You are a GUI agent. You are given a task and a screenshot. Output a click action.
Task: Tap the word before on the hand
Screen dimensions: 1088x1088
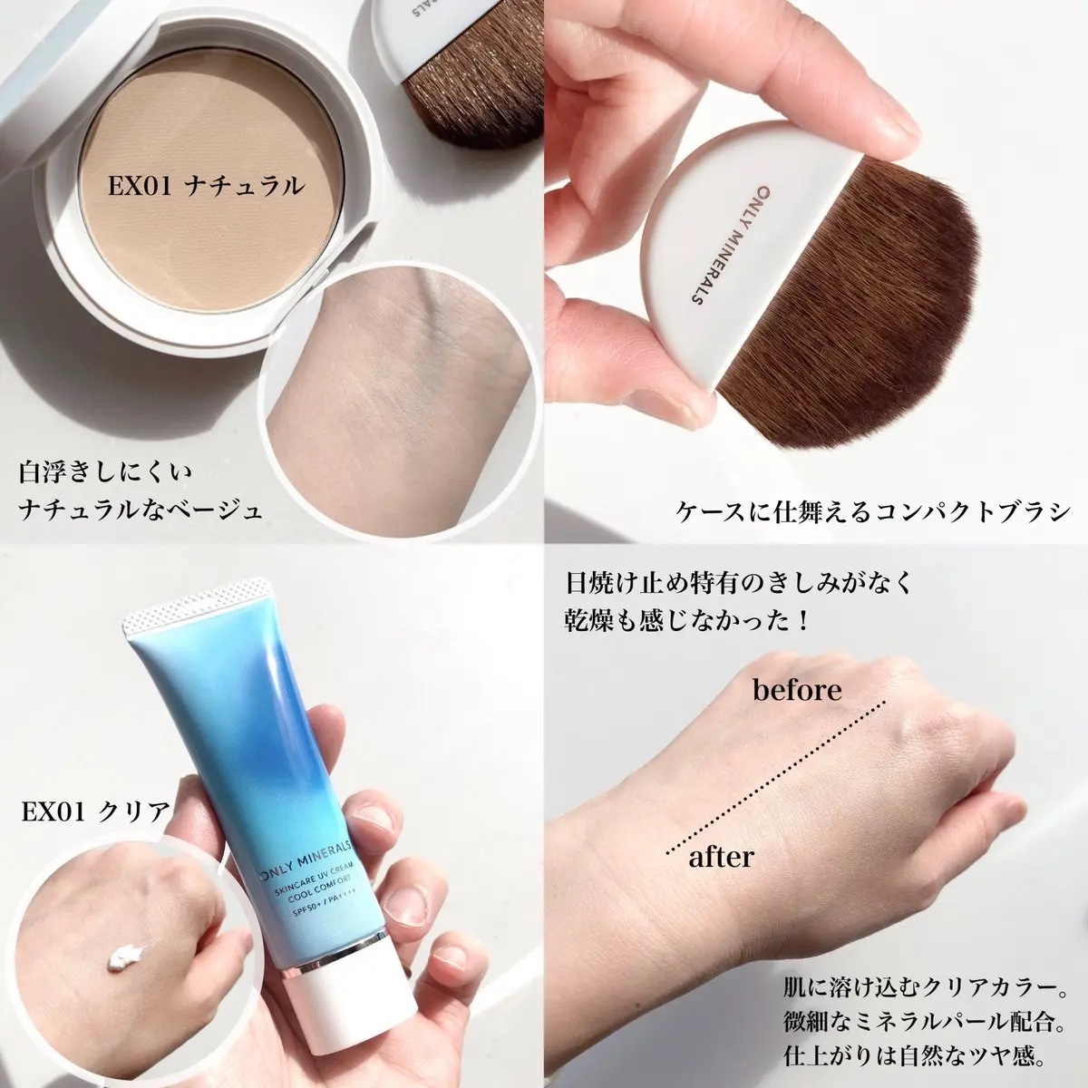click(x=798, y=690)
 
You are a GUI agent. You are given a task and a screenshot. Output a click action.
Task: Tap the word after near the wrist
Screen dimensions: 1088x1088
click(x=720, y=855)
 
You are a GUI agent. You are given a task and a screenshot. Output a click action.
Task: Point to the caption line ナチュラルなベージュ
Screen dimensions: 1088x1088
click(x=141, y=511)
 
